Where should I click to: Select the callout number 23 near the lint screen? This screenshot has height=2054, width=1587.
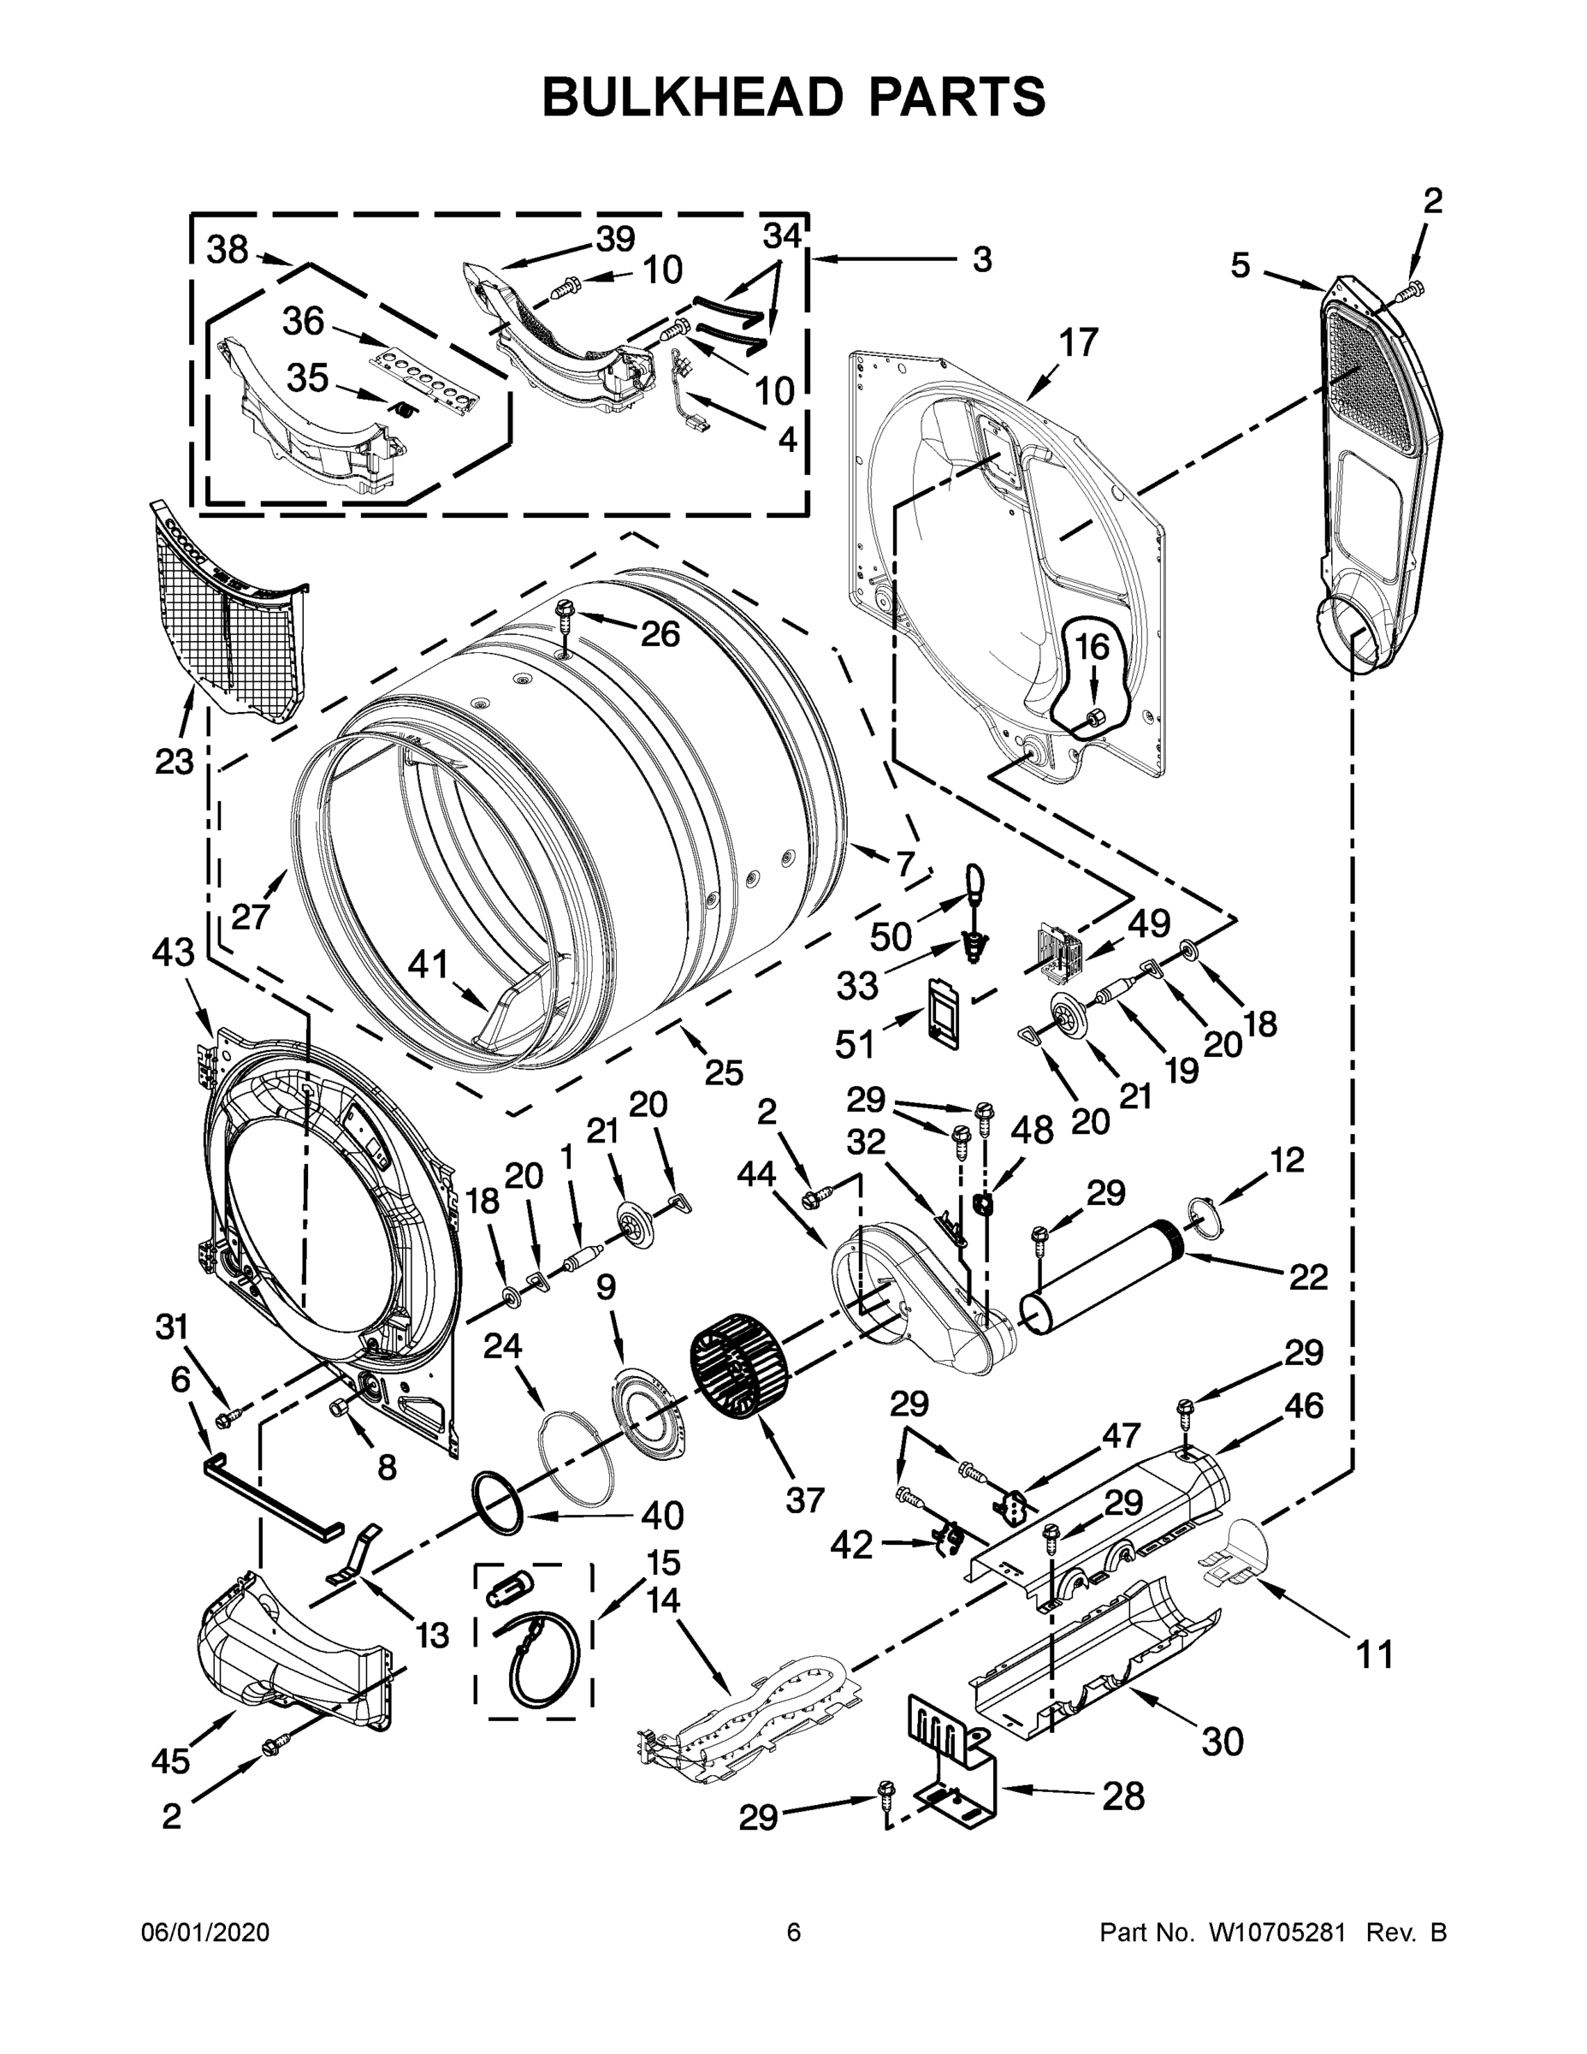174,761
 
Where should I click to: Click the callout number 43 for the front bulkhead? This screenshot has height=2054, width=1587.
173,953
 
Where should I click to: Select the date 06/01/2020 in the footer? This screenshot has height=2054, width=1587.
205,1932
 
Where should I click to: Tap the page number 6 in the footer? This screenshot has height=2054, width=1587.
794,1932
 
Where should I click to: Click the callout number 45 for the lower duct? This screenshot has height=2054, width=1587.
170,1760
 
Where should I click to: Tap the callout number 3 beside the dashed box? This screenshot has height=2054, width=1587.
981,259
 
